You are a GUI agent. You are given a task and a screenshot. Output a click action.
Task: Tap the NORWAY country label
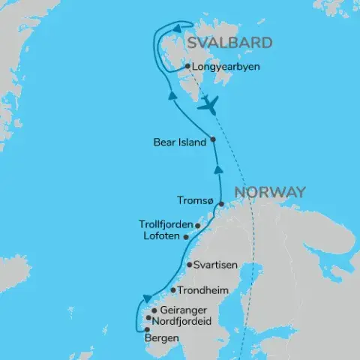click(270, 191)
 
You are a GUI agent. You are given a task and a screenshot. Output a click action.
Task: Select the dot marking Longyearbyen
click(187, 67)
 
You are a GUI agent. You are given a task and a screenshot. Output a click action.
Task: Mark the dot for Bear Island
click(213, 139)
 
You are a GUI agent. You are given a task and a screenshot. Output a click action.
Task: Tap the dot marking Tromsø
click(220, 203)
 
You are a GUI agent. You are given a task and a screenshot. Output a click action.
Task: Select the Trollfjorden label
click(166, 224)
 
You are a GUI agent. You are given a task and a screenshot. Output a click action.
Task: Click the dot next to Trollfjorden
click(197, 224)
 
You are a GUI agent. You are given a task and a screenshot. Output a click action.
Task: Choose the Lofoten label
click(161, 235)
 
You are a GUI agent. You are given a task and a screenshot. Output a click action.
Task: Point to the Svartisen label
click(215, 265)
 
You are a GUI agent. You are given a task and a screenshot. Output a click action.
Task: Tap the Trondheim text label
click(203, 290)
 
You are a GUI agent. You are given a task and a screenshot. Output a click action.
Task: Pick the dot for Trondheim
click(173, 290)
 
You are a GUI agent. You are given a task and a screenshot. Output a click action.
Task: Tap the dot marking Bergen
click(147, 329)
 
